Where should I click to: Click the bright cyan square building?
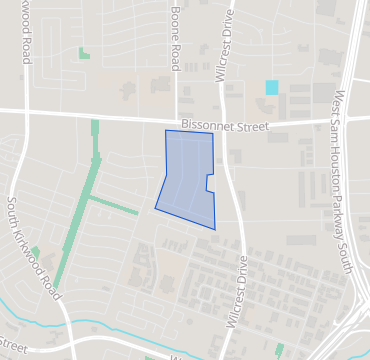pyautogui.click(x=272, y=87)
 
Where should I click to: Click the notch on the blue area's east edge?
pyautogui.click(x=209, y=183)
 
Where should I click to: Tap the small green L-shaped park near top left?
pyautogui.click(x=84, y=53)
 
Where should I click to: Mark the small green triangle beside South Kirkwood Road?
pyautogui.click(x=35, y=251)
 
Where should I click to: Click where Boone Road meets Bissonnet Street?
pyautogui.click(x=176, y=115)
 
